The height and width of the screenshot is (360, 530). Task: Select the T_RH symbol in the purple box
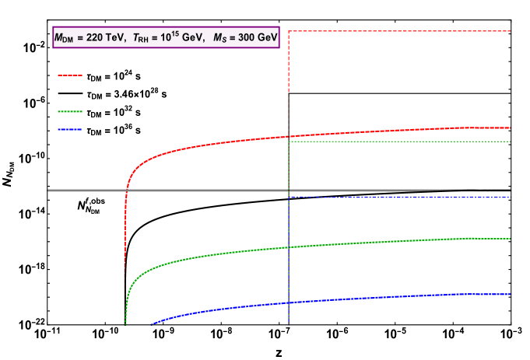pos(141,38)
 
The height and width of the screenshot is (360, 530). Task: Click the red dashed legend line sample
pos(69,75)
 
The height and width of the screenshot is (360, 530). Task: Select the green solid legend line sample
pos(69,111)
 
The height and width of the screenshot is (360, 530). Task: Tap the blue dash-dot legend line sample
pos(69,129)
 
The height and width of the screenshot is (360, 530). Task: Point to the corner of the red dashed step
pos(289,31)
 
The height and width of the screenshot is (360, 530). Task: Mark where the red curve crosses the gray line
pos(126,190)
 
